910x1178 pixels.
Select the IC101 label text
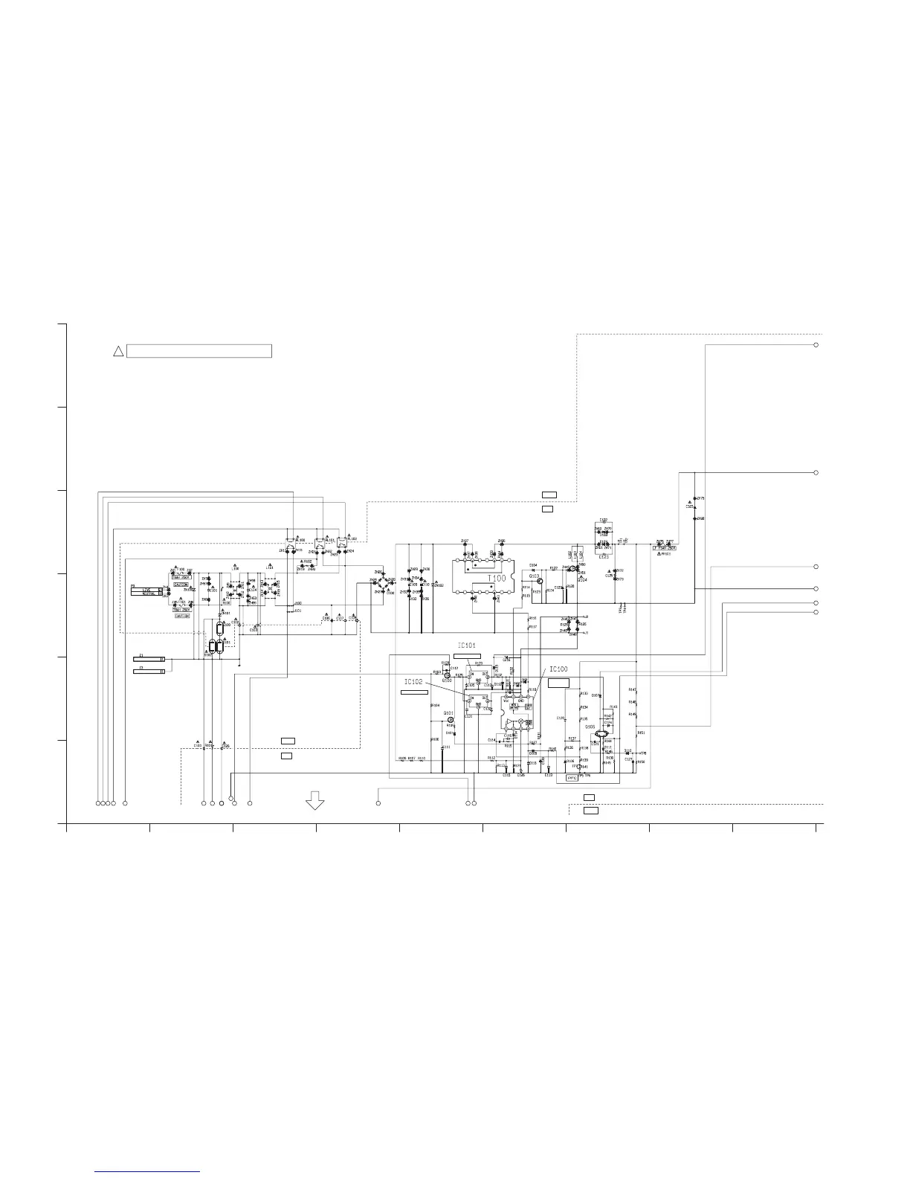click(x=466, y=646)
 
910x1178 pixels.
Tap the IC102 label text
click(x=413, y=682)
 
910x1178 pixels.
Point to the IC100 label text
click(x=558, y=669)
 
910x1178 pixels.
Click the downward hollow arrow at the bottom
click(x=315, y=800)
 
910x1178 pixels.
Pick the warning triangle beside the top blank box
click(x=117, y=351)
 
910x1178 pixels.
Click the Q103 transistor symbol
click(x=540, y=582)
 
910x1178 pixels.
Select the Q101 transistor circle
click(x=450, y=720)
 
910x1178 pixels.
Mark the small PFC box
click(x=572, y=778)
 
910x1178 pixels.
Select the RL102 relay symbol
click(x=342, y=542)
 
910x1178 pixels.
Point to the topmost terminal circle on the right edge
click(x=816, y=345)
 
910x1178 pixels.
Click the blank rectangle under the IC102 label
click(x=414, y=692)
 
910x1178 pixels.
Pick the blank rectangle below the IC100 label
click(x=559, y=682)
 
